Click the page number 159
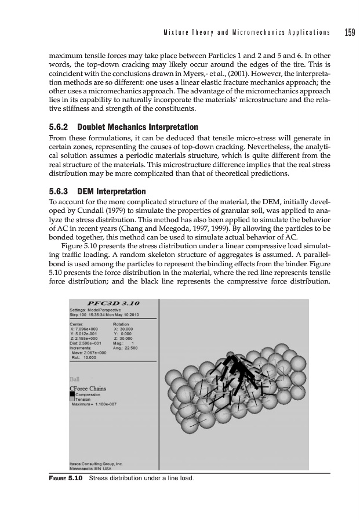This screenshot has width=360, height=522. click(x=349, y=32)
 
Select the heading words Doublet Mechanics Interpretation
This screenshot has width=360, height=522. click(x=138, y=126)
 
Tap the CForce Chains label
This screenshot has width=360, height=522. click(x=88, y=389)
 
